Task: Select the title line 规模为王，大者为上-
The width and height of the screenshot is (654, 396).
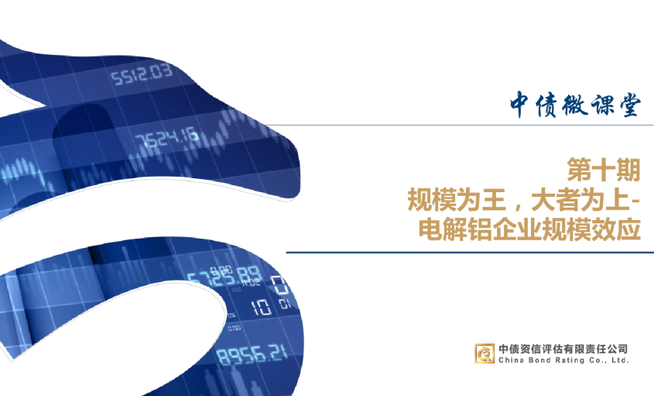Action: coord(524,199)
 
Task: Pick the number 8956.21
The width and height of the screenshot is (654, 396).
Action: coord(250,356)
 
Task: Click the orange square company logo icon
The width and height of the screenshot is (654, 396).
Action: coord(485,353)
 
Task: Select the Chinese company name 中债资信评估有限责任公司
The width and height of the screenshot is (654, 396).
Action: coord(563,348)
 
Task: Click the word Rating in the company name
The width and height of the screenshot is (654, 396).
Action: coord(567,360)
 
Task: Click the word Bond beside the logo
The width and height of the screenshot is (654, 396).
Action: coord(539,360)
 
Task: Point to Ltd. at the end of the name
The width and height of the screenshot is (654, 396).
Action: coord(620,360)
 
